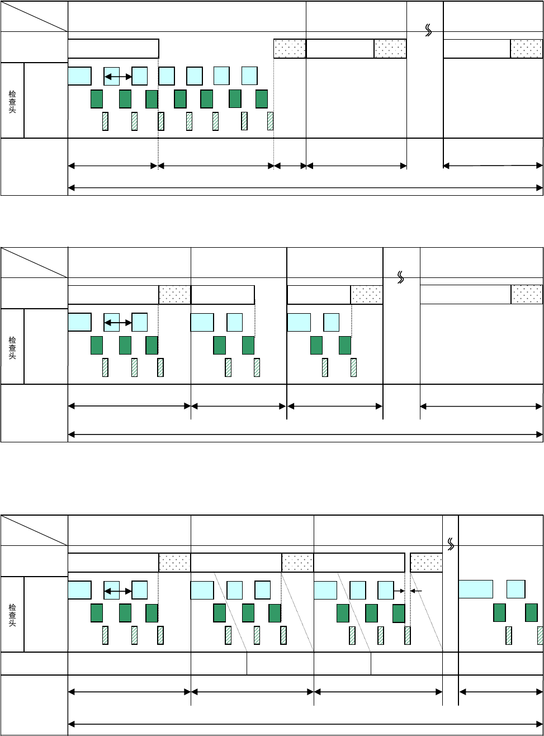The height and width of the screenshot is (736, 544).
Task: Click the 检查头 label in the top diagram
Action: click(x=12, y=101)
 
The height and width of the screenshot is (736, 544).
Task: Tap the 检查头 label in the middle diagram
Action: click(x=12, y=347)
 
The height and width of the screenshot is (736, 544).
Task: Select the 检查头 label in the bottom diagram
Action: click(x=12, y=615)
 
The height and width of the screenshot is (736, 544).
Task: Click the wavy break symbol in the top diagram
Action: click(x=429, y=31)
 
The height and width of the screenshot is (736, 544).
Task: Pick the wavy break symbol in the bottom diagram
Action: click(x=451, y=543)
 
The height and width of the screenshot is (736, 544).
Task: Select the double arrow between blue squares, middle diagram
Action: click(x=118, y=323)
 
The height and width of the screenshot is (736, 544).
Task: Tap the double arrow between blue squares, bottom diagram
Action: click(x=118, y=591)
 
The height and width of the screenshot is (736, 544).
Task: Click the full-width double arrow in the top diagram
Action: click(x=305, y=188)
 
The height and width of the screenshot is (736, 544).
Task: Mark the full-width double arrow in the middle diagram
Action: click(x=305, y=433)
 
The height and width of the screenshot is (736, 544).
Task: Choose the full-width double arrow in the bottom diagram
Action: click(x=305, y=724)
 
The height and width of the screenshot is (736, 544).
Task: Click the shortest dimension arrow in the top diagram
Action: click(x=290, y=166)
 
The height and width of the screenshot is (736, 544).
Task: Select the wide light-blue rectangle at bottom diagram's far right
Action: click(x=476, y=589)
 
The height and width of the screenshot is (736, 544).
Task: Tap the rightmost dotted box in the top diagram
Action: click(x=526, y=49)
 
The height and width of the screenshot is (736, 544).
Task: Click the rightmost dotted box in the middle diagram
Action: click(x=527, y=294)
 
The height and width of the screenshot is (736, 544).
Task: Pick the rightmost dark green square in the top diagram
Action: click(x=262, y=99)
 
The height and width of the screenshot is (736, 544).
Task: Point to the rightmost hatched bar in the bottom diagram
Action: click(x=540, y=635)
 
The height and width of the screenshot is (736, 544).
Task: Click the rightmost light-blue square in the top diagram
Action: click(x=249, y=76)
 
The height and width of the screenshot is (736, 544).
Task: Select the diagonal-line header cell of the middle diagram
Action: click(x=34, y=262)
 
